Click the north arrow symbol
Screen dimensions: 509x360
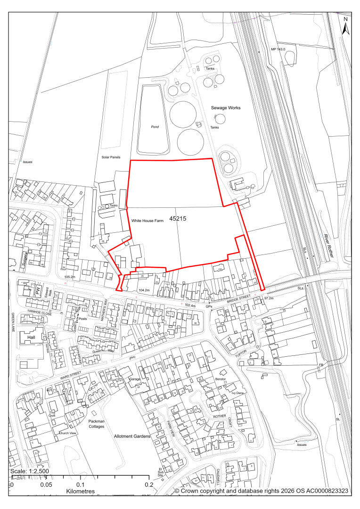(345, 27)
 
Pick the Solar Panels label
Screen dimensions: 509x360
(111, 157)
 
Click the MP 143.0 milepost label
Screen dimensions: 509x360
(278, 49)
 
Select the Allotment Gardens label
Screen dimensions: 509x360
(132, 436)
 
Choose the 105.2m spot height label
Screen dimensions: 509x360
(71, 277)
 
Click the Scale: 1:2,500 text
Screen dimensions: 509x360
(29, 471)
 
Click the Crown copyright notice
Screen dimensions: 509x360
(262, 491)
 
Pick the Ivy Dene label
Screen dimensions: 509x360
(237, 393)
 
